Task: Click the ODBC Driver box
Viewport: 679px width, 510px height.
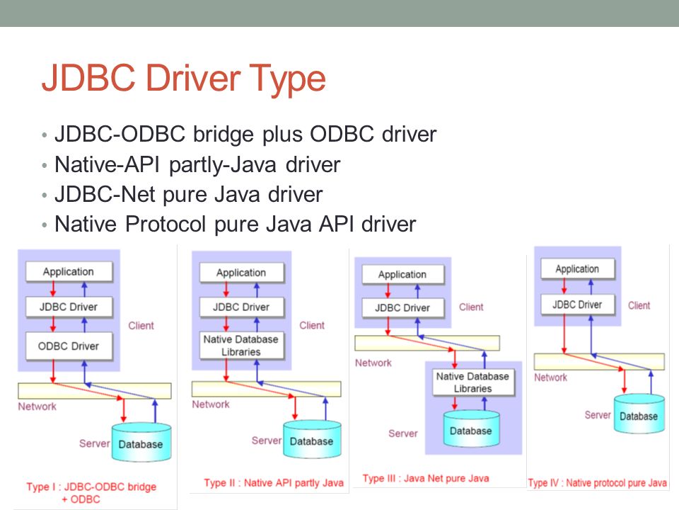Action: pos(69,346)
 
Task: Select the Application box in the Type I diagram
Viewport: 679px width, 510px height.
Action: pos(69,271)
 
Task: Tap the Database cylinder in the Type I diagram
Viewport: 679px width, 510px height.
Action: pos(141,442)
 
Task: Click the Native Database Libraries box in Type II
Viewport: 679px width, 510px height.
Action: pos(242,345)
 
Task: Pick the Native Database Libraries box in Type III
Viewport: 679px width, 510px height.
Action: pos(473,382)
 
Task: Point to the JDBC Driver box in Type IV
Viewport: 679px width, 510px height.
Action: pos(578,305)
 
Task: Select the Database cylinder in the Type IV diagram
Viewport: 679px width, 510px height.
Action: pos(639,414)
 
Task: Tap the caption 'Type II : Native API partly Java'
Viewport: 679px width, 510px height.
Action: pos(274,482)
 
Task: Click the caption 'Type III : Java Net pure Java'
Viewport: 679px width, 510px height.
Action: pos(426,478)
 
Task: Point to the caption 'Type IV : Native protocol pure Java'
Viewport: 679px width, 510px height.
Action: pos(597,482)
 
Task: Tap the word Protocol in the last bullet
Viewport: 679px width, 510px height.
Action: pos(166,225)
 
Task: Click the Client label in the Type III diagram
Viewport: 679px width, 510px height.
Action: pos(471,307)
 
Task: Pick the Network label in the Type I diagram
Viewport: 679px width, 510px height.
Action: pos(37,407)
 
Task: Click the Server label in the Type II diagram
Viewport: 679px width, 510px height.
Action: pos(267,441)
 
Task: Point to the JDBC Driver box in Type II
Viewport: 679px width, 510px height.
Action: pos(242,307)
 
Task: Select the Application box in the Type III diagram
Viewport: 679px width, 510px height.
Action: pos(402,275)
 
